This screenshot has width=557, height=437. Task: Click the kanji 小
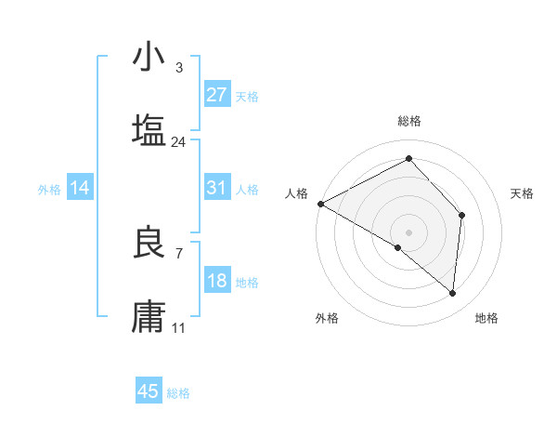(149, 58)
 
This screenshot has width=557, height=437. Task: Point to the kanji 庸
(149, 316)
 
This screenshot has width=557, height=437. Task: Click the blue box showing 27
(217, 95)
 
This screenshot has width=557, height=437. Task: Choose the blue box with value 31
(217, 188)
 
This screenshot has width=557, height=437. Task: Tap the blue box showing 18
(217, 281)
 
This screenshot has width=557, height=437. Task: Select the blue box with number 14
(80, 188)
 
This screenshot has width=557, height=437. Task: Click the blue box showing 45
(149, 391)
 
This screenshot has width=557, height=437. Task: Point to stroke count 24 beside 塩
(178, 142)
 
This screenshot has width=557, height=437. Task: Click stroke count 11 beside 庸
(178, 328)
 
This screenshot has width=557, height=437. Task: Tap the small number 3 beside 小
(178, 68)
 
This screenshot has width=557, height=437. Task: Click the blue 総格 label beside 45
(178, 393)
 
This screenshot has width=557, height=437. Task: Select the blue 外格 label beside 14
(49, 189)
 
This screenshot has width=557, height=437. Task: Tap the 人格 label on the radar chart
(296, 193)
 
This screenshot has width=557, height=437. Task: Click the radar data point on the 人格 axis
(320, 203)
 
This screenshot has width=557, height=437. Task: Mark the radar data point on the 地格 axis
(452, 293)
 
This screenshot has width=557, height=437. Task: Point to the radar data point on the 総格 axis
(408, 160)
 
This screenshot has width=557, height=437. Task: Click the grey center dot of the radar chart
(408, 232)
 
